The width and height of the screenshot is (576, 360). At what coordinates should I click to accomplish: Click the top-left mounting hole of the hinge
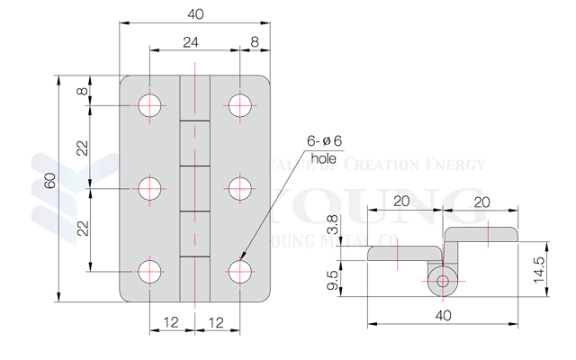coord(150,105)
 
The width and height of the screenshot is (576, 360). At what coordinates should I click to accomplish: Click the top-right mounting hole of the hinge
coord(239,105)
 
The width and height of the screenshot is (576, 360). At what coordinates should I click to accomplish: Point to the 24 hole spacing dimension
coord(192,40)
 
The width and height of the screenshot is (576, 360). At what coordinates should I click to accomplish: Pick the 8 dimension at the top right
coord(255,40)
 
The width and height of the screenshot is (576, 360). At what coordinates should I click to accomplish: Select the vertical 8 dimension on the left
coord(82,91)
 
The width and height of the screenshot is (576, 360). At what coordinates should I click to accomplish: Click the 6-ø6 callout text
coord(324,140)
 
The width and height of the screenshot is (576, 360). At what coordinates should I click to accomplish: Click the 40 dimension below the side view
coord(443,315)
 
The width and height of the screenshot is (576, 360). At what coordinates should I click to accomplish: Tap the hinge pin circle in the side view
coord(442,281)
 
